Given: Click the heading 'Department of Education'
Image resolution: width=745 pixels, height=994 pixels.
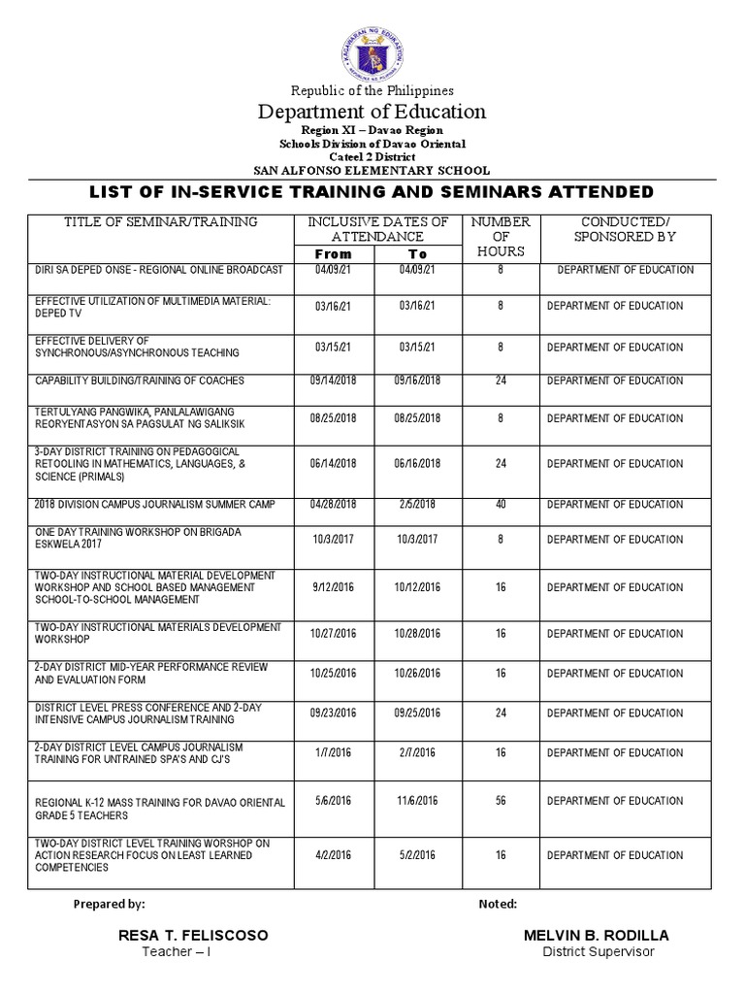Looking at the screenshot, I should coord(372,112).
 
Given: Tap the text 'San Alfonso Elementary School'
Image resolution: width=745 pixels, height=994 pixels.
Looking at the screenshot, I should coord(372,169).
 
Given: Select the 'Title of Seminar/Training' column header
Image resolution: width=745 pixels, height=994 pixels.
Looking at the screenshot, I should coord(161,222).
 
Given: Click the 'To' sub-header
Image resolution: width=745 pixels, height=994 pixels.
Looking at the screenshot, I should coord(418,253).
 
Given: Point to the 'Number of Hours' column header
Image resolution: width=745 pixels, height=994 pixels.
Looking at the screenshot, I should coord(501,236).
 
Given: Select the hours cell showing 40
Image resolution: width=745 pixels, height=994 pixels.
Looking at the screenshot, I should coord(501,504).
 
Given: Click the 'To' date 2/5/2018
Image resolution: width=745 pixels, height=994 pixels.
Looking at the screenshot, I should coord(419,504).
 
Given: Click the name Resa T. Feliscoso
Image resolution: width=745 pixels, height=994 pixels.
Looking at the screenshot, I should coord(192,935).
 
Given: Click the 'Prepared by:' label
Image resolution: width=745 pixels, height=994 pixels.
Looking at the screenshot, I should coord(110,904).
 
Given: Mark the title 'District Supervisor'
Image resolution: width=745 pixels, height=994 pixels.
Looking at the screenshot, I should coord(598,951).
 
